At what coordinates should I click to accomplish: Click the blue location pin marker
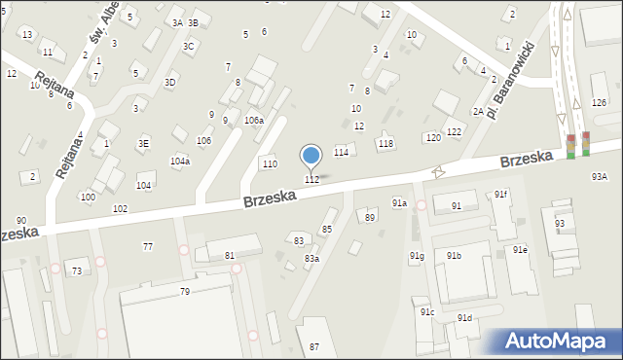pos(311,156)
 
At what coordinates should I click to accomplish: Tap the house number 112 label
pos(311,179)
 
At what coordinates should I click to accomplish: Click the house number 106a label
pos(253,120)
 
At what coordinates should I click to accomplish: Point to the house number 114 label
pos(341,153)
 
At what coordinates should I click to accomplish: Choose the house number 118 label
pos(385,143)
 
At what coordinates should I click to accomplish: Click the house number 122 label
pos(454,131)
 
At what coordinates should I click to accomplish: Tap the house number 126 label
pos(599,102)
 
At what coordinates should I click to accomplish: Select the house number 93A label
pos(599,176)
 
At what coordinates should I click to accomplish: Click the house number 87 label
pos(314,346)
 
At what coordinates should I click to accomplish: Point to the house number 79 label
pos(184,291)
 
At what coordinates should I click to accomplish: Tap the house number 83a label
pos(311,258)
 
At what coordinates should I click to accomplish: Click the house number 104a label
pos(180,162)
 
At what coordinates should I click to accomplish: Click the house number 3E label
pos(144,143)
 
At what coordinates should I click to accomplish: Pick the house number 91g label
pos(416,256)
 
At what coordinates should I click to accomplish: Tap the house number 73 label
pos(76,270)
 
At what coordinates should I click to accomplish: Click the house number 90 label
pos(21,221)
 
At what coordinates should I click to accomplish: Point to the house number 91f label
pos(499,195)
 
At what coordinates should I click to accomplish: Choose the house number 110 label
pos(270,163)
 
